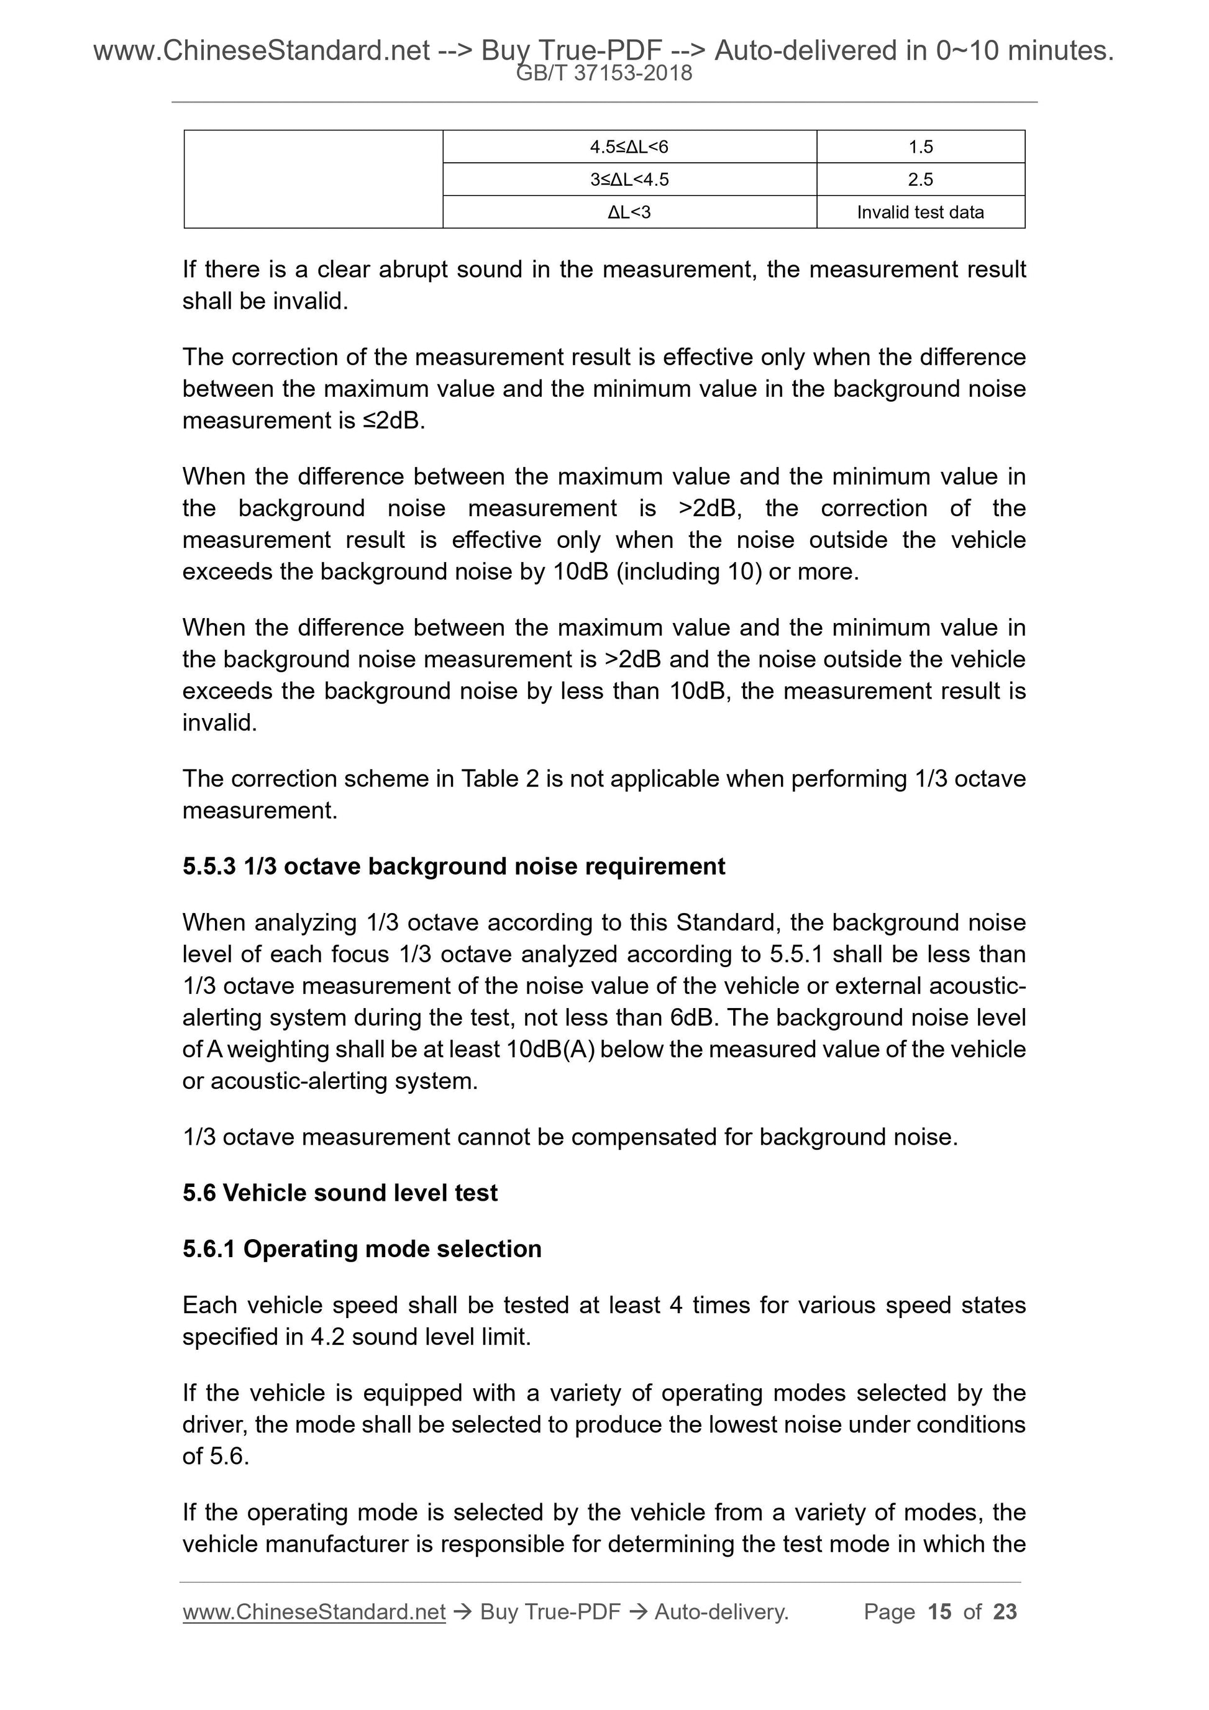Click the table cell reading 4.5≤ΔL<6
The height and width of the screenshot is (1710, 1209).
tap(629, 147)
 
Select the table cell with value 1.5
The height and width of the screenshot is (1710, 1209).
tap(920, 147)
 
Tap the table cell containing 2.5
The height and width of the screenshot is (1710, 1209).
tap(920, 180)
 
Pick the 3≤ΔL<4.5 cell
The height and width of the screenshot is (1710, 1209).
tap(629, 180)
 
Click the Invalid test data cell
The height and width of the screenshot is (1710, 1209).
tap(920, 212)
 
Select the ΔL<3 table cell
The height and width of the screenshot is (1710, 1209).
tap(629, 212)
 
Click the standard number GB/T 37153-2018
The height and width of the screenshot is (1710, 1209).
tap(604, 73)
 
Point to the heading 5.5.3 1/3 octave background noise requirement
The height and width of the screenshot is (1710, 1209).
tap(454, 866)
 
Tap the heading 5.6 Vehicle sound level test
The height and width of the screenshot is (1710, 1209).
tap(340, 1193)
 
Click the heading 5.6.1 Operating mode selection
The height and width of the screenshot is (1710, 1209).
tap(362, 1248)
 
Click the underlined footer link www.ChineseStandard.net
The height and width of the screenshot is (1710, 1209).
tap(314, 1612)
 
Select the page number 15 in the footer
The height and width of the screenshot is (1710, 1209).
tap(939, 1612)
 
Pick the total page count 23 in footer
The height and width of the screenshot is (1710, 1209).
tap(1005, 1612)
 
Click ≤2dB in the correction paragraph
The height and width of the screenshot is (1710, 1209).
tap(393, 421)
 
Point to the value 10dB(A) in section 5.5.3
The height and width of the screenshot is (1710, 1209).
tap(550, 1048)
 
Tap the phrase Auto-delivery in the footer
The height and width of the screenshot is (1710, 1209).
tap(721, 1612)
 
